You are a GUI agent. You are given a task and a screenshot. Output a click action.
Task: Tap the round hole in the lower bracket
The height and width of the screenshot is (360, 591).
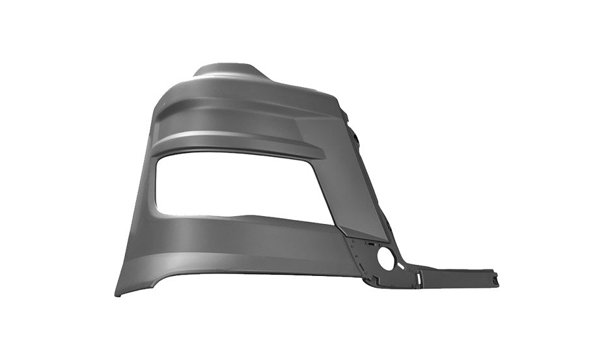(385, 259)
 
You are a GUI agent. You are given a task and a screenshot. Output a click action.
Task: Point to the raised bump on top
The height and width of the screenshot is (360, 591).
(228, 70)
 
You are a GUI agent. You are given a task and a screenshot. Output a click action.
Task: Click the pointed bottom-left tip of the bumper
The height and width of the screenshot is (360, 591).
(118, 294)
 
